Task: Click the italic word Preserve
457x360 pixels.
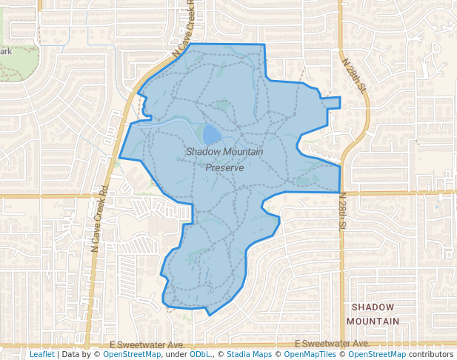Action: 224,168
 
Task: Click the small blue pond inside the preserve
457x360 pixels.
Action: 211,134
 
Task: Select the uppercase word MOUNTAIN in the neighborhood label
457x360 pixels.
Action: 373,321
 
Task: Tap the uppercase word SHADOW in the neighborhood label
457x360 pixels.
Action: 373,307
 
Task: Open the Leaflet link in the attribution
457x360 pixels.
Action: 41,354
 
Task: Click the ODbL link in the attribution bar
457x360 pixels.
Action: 201,354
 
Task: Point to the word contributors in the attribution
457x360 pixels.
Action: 432,354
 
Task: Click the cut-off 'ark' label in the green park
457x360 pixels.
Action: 6,52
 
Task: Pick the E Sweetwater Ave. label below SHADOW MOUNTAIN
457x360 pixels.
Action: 332,344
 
